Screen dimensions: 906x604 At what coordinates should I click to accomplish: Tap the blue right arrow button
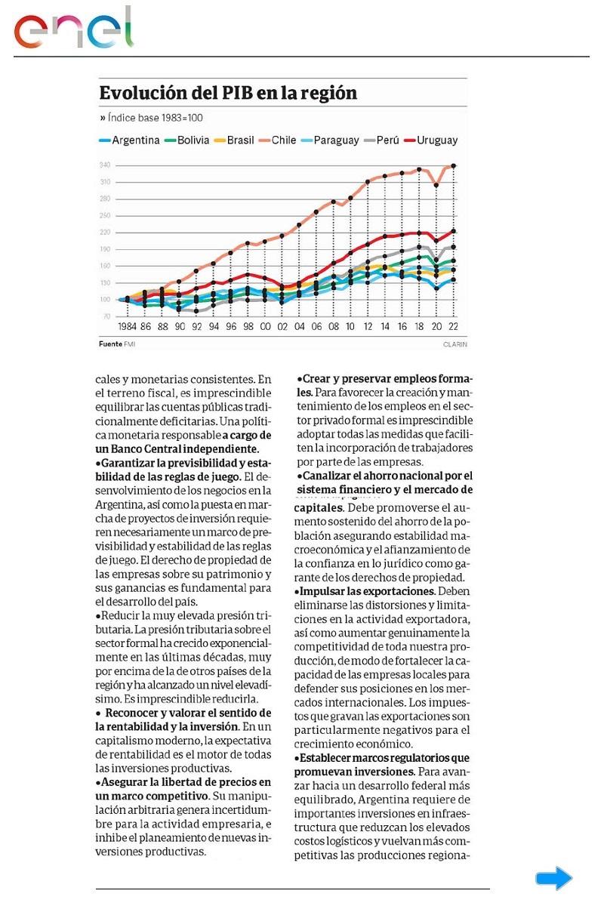click(x=554, y=878)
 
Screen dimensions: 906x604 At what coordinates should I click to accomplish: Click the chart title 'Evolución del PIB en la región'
click(x=228, y=94)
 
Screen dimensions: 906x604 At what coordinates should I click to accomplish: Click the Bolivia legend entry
click(x=187, y=140)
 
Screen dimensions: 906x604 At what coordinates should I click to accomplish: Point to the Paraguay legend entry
click(x=330, y=140)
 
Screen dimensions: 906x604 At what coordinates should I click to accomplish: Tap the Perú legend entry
click(x=381, y=140)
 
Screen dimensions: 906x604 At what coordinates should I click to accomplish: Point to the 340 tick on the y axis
click(x=105, y=165)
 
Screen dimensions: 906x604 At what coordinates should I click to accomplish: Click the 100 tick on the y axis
click(x=105, y=300)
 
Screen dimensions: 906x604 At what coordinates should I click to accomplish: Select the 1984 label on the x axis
click(x=127, y=328)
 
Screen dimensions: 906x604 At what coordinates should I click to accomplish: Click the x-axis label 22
click(x=453, y=328)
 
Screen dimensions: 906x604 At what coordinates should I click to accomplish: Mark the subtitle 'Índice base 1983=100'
click(x=155, y=118)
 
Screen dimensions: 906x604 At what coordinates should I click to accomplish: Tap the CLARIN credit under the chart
click(x=455, y=344)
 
